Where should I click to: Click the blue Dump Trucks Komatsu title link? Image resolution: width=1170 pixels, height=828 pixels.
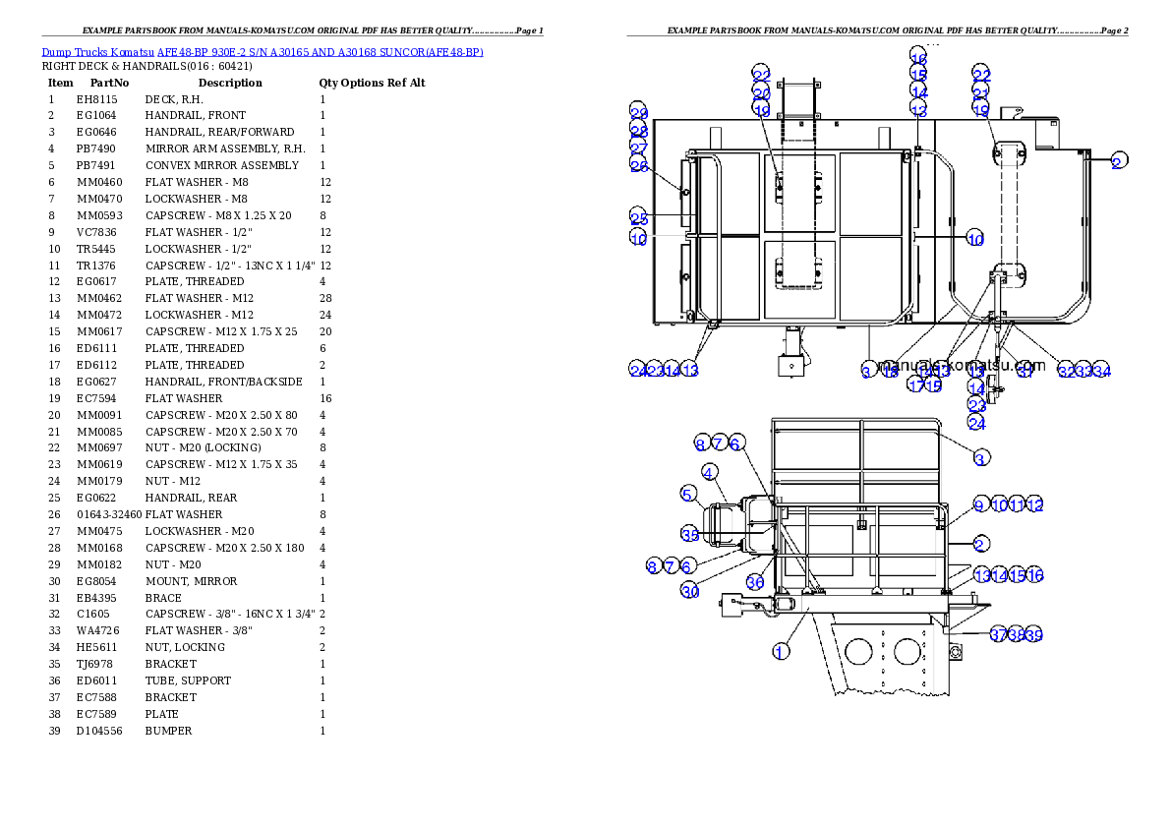pyautogui.click(x=262, y=51)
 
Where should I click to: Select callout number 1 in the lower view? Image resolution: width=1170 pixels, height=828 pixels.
pyautogui.click(x=781, y=651)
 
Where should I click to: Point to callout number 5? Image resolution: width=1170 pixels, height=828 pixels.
pyautogui.click(x=688, y=493)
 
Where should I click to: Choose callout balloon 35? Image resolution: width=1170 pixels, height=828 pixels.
pyautogui.click(x=689, y=534)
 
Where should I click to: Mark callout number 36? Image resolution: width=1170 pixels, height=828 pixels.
pyautogui.click(x=754, y=582)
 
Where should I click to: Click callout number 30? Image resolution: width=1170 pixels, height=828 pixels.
pyautogui.click(x=689, y=591)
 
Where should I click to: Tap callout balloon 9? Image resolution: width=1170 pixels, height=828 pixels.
pyautogui.click(x=979, y=504)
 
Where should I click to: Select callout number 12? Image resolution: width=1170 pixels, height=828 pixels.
pyautogui.click(x=1033, y=504)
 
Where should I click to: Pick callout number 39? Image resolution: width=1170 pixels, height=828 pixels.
pyautogui.click(x=1033, y=635)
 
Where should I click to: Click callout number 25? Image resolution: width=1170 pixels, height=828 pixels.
pyautogui.click(x=639, y=217)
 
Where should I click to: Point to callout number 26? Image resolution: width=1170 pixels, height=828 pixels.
pyautogui.click(x=639, y=166)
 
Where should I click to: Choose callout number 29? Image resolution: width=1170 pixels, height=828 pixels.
pyautogui.click(x=639, y=112)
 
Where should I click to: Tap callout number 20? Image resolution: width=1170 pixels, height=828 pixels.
pyautogui.click(x=762, y=93)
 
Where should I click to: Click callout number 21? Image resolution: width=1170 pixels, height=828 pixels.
pyautogui.click(x=980, y=93)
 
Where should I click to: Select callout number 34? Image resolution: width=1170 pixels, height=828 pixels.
pyautogui.click(x=1101, y=371)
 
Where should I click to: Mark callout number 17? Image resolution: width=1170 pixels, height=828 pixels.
pyautogui.click(x=915, y=384)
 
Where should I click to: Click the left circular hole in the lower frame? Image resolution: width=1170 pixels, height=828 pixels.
pyautogui.click(x=859, y=651)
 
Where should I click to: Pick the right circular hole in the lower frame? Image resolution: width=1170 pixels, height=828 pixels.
pyautogui.click(x=909, y=651)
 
